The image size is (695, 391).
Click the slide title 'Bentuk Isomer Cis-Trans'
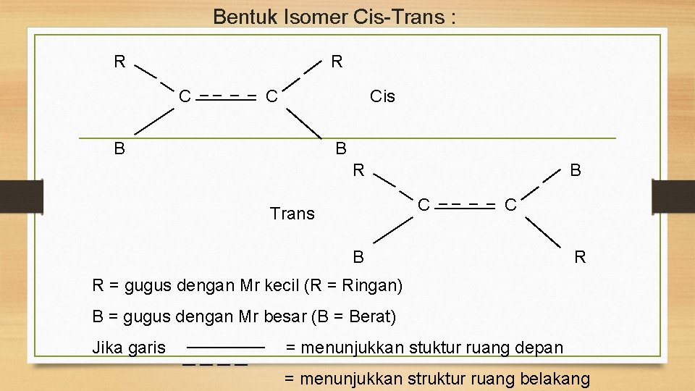(334, 17)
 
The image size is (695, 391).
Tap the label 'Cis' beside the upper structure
(382, 96)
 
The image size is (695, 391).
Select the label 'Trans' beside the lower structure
(292, 214)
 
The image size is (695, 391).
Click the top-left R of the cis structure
(119, 62)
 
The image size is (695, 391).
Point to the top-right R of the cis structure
(337, 62)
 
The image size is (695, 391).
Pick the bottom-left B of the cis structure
(119, 149)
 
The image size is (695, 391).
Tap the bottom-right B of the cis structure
(341, 149)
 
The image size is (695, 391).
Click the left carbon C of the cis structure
(185, 96)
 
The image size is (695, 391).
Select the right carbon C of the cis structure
(271, 96)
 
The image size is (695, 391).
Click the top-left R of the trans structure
(358, 171)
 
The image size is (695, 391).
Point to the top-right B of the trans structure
(575, 171)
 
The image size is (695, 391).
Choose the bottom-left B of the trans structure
(358, 257)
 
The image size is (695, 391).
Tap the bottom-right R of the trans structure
(580, 257)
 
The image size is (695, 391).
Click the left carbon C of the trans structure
(425, 204)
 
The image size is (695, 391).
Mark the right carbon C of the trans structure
(510, 205)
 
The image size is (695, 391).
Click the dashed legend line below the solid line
(215, 363)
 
